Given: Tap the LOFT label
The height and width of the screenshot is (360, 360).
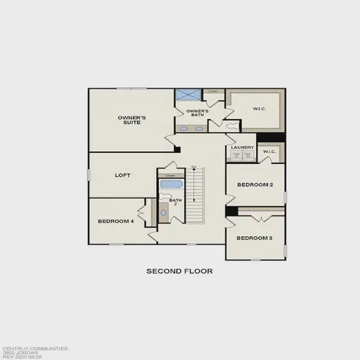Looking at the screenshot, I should click(x=123, y=176).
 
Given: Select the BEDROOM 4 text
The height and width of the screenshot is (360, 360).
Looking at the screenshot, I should click(x=115, y=221).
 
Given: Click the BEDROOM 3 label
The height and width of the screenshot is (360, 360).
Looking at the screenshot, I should click(x=254, y=238).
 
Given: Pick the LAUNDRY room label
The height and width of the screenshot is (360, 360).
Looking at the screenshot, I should click(x=240, y=148).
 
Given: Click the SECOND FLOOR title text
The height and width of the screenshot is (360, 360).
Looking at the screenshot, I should click(x=179, y=271).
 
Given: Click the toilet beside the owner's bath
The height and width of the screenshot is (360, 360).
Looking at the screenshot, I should click(x=231, y=125).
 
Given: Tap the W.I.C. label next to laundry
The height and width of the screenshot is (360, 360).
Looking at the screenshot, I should click(x=269, y=152).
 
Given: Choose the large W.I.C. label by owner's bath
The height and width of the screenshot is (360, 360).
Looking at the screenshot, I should click(x=259, y=109).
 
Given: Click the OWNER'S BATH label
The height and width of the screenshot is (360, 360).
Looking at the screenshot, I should click(x=197, y=113).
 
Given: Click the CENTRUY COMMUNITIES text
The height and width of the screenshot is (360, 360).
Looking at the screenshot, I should click(x=34, y=347).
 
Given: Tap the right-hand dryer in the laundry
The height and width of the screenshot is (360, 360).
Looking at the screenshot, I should click(x=247, y=155).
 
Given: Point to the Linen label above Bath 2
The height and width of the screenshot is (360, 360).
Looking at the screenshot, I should click(x=170, y=175).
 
